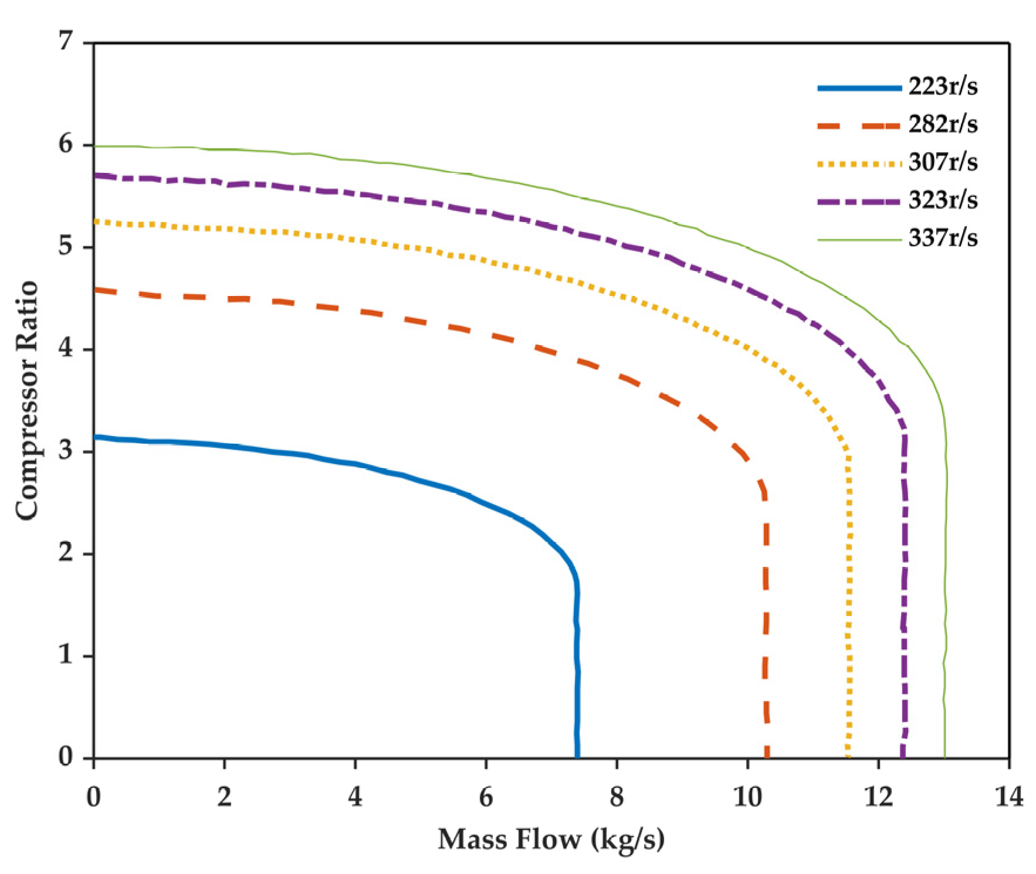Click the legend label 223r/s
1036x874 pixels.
pyautogui.click(x=943, y=87)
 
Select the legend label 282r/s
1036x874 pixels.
pyautogui.click(x=943, y=125)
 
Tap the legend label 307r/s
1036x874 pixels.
pyautogui.click(x=943, y=162)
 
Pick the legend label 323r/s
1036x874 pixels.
pyautogui.click(x=943, y=200)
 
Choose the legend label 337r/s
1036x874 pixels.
pyautogui.click(x=943, y=239)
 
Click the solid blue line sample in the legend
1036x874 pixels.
pyautogui.click(x=859, y=88)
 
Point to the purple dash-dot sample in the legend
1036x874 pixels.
pyautogui.click(x=859, y=201)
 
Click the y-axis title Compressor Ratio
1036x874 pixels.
pyautogui.click(x=28, y=400)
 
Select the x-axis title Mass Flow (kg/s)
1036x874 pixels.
pyautogui.click(x=551, y=839)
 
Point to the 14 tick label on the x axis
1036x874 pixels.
pyautogui.click(x=1008, y=798)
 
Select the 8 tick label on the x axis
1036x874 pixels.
pyautogui.click(x=617, y=798)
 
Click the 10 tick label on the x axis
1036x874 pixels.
pyautogui.click(x=747, y=798)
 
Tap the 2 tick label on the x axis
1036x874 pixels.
pyautogui.click(x=224, y=798)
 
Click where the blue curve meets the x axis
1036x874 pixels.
pyautogui.click(x=577, y=757)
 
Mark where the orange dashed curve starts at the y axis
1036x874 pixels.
pyautogui.click(x=95, y=289)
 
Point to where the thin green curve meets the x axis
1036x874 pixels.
pyautogui.click(x=944, y=757)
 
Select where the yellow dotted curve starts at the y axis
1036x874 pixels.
pyautogui.click(x=95, y=221)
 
